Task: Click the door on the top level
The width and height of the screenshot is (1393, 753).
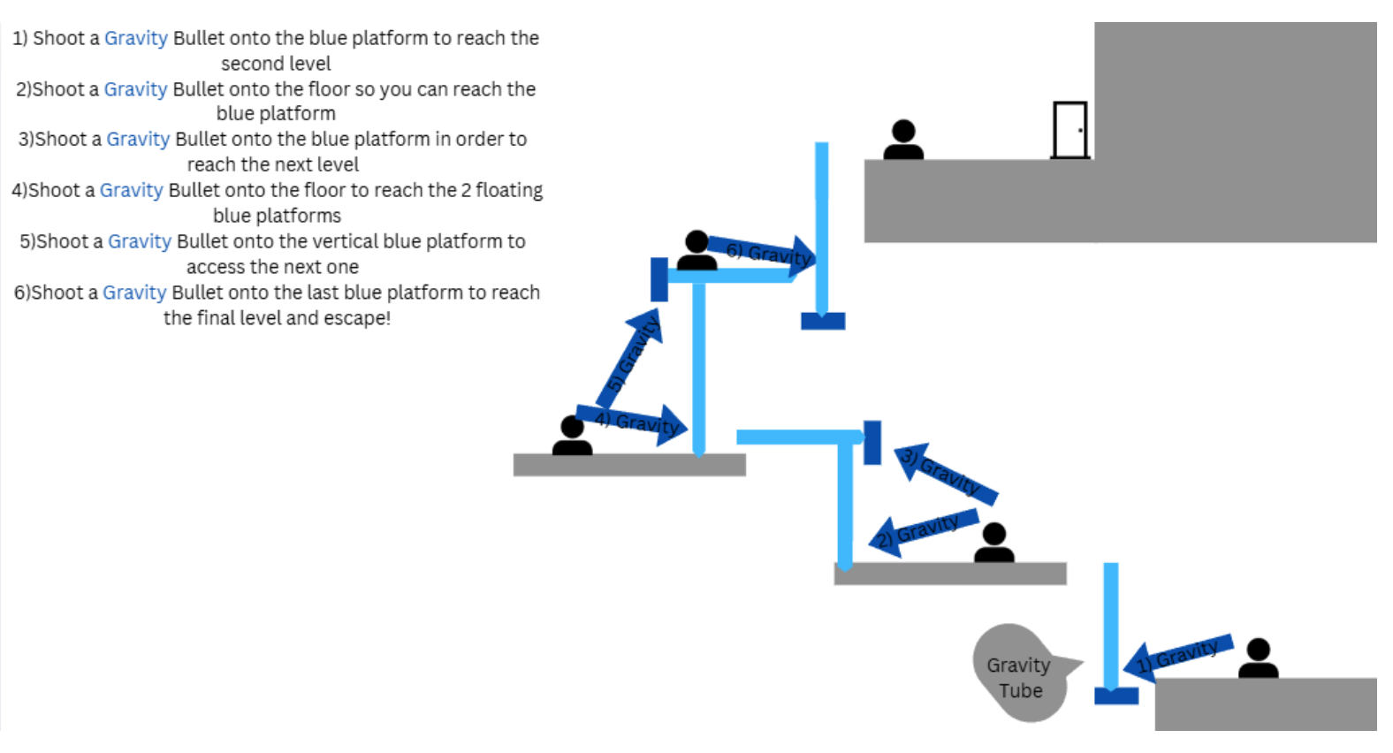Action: (x=1069, y=130)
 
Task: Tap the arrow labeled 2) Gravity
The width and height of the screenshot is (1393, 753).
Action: (x=924, y=532)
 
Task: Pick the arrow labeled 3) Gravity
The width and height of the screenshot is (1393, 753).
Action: (x=947, y=474)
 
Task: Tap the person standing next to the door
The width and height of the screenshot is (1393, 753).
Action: (x=903, y=141)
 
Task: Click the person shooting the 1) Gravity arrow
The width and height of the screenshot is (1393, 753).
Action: (x=1258, y=659)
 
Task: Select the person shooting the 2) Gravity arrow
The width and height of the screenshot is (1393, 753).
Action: (x=994, y=544)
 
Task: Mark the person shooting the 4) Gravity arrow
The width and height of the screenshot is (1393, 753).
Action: (x=572, y=437)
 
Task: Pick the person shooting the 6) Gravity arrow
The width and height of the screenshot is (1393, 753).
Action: (x=696, y=251)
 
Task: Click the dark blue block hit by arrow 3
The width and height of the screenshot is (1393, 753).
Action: (x=872, y=442)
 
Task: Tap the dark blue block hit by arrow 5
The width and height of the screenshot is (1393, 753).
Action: (x=659, y=279)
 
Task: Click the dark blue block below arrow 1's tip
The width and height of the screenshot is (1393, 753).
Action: (x=1116, y=696)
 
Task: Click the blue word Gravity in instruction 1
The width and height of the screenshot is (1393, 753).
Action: (x=135, y=38)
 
